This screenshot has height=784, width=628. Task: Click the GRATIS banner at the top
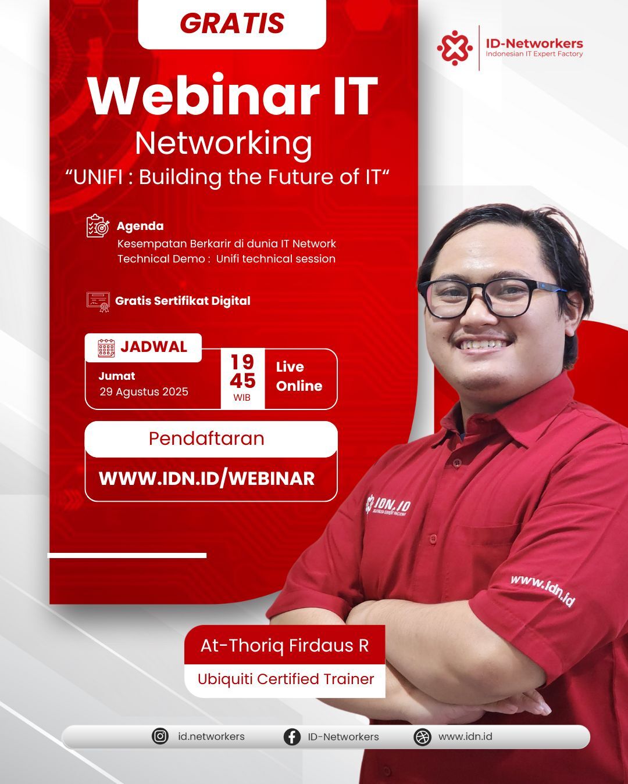point(232,23)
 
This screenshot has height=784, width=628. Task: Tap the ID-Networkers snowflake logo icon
point(455,48)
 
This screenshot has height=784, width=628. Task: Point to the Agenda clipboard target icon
point(98,226)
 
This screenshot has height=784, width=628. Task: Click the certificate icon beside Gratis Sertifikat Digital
point(98,301)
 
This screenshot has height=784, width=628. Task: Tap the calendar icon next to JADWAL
point(106,348)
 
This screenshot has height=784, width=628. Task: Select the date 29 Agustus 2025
point(144,391)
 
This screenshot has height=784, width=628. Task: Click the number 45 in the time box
point(242,381)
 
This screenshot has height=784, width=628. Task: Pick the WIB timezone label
point(242,397)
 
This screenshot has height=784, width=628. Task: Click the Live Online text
point(299,376)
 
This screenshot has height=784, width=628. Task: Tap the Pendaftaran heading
point(206,438)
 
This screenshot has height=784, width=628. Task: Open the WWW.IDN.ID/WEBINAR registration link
point(206,479)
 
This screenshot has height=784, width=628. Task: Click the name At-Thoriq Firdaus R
point(284,645)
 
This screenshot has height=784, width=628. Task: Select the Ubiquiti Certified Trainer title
point(286,679)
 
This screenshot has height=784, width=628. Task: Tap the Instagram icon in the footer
point(160,736)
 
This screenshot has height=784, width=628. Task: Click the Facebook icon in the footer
point(292,736)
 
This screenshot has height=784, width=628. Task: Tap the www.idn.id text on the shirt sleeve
point(543,591)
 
